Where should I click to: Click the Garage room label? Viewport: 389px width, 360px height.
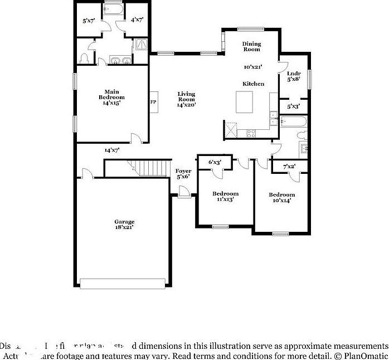pos(124,221)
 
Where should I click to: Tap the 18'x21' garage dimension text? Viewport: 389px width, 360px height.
pos(124,227)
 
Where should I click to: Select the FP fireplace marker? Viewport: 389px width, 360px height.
pos(153,102)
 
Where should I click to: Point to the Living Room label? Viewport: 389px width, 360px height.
pos(186,96)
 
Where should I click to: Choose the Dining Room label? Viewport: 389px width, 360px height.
pos(252,46)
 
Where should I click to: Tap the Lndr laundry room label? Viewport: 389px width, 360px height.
pos(294,74)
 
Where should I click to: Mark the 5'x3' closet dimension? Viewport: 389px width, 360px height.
pos(294,106)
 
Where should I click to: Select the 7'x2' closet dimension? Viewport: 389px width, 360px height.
pos(289,166)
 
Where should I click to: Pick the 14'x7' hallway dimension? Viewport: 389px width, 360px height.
pos(112,150)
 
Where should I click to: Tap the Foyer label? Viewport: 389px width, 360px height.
pos(183,171)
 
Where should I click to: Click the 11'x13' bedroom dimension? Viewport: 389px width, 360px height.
pos(225,200)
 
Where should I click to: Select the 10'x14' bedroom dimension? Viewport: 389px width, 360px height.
pos(281,201)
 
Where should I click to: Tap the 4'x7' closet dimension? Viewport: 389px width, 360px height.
pos(137,20)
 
